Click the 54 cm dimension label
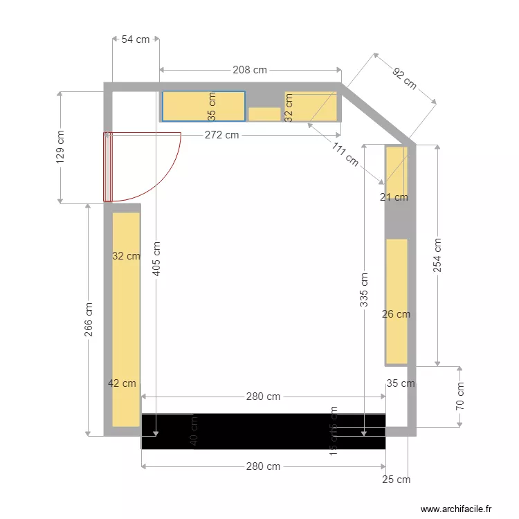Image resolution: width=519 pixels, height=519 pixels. (136, 39)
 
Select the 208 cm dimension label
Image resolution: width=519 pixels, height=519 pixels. (250, 70)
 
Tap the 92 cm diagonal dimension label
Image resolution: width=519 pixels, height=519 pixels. (404, 78)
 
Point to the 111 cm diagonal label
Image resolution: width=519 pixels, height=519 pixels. (345, 154)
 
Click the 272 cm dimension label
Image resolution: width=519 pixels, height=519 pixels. (221, 135)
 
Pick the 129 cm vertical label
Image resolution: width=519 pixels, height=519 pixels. (60, 147)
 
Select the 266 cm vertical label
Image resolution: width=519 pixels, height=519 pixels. (89, 320)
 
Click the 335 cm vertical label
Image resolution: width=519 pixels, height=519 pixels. (364, 289)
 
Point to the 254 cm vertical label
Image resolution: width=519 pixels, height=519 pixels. (437, 255)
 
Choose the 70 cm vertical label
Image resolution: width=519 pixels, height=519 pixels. (461, 396)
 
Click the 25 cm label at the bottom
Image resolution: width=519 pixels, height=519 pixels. (397, 479)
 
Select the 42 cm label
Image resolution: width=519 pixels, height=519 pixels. (122, 383)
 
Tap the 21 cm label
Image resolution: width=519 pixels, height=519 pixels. (394, 197)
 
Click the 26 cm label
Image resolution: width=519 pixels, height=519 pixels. (396, 314)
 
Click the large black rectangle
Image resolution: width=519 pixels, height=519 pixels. (263, 431)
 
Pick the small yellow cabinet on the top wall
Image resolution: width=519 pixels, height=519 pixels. (264, 114)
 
